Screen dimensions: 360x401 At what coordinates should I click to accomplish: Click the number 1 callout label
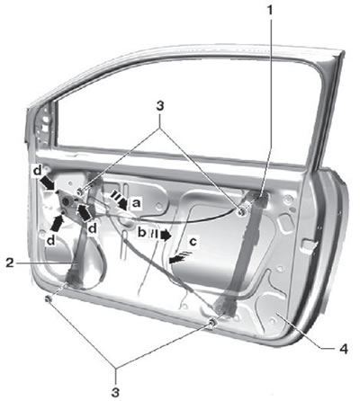pos(270,11)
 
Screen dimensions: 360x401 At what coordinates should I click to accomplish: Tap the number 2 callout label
pos(10,263)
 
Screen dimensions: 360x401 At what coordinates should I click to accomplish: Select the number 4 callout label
pos(344,349)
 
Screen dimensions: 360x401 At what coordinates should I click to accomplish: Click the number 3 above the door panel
pos(159,106)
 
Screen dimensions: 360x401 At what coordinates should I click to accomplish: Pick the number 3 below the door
pos(115,392)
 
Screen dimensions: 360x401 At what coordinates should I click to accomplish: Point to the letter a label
pos(136,203)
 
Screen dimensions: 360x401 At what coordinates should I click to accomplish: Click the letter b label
pos(141,232)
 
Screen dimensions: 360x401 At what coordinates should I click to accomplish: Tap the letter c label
pos(193,241)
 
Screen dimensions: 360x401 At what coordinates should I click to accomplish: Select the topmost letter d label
pos(37,170)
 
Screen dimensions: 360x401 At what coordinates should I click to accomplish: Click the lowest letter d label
pos(51,240)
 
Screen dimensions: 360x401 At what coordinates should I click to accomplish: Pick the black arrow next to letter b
pos(160,235)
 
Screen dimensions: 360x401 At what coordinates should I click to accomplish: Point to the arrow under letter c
pos(179,257)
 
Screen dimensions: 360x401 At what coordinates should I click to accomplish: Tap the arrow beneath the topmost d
pos(48,183)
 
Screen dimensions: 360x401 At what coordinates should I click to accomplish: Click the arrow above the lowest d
pos(58,223)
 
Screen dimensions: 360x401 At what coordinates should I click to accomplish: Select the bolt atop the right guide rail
pos(241,211)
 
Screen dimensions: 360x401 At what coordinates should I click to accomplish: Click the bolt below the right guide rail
pos(212,323)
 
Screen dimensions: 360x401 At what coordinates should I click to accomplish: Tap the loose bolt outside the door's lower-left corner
pos(48,299)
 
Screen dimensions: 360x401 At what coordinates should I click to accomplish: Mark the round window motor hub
pos(67,201)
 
